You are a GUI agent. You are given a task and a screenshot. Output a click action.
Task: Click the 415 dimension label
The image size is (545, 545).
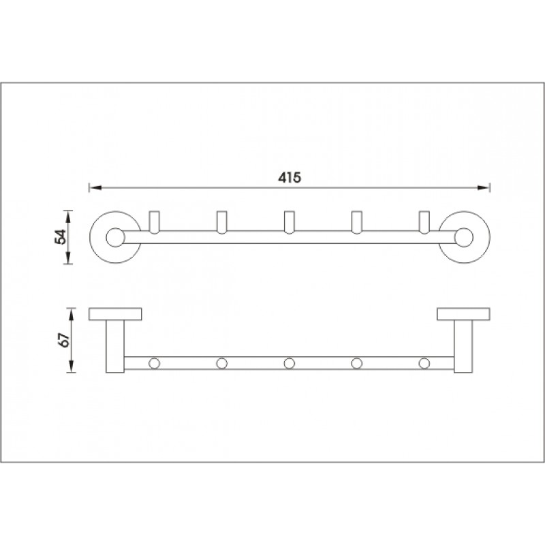(290, 178)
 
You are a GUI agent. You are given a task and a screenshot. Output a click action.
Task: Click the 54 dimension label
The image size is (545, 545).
(61, 236)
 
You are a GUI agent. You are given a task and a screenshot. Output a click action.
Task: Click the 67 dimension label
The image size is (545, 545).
(65, 340)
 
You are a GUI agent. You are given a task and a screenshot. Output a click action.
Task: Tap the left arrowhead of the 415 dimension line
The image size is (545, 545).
(95, 188)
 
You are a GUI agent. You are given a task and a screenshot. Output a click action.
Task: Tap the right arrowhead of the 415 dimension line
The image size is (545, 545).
(484, 188)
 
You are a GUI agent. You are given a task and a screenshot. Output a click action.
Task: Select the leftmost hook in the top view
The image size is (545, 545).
(154, 222)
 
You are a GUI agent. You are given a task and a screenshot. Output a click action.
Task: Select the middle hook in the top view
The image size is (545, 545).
(289, 222)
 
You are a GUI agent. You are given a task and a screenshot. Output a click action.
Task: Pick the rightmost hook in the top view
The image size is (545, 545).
(424, 222)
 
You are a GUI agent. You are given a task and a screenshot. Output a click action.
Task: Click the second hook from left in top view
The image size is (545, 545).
(222, 222)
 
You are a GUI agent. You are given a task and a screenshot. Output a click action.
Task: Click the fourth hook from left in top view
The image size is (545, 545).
(356, 222)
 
